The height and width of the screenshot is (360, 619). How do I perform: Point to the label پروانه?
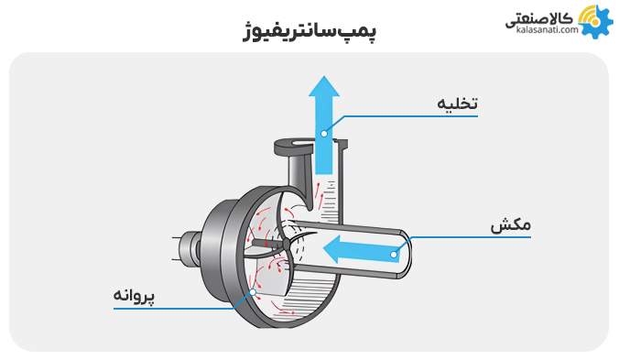tap(135, 296)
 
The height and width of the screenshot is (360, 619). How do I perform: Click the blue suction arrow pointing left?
tap(357, 249)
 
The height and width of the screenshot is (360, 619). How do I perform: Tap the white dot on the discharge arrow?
tap(323, 134)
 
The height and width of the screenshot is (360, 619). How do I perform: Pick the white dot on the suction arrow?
tap(395, 254)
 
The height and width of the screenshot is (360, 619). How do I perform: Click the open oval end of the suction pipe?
tap(406, 254)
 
